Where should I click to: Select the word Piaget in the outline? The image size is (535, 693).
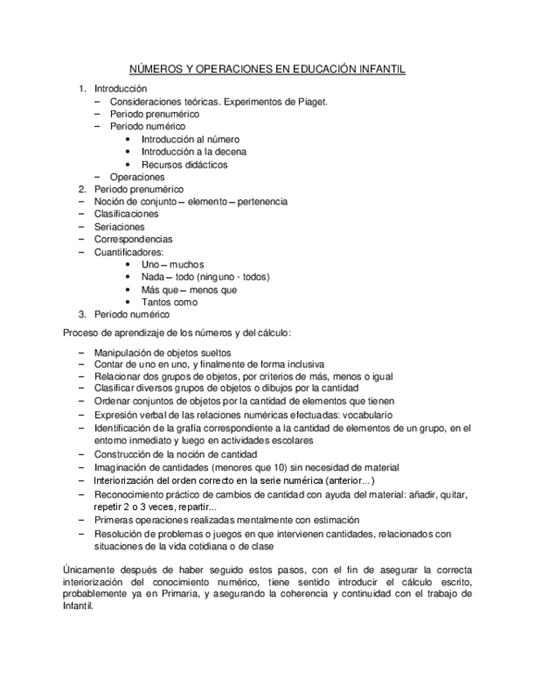click(310, 101)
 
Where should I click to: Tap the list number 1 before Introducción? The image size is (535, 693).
click(82, 88)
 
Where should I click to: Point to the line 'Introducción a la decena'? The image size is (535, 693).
click(194, 151)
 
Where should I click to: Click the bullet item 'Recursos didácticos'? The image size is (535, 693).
click(185, 164)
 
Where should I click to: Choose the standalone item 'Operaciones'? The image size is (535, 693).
click(137, 177)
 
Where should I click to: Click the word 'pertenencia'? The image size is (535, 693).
click(256, 201)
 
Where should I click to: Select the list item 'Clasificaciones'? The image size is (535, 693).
click(127, 214)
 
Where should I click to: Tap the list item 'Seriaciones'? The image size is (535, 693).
click(119, 226)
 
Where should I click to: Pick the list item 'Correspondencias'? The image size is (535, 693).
click(133, 239)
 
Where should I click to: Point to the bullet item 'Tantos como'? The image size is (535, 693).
click(170, 302)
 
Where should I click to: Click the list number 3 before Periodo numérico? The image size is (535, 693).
click(82, 314)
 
